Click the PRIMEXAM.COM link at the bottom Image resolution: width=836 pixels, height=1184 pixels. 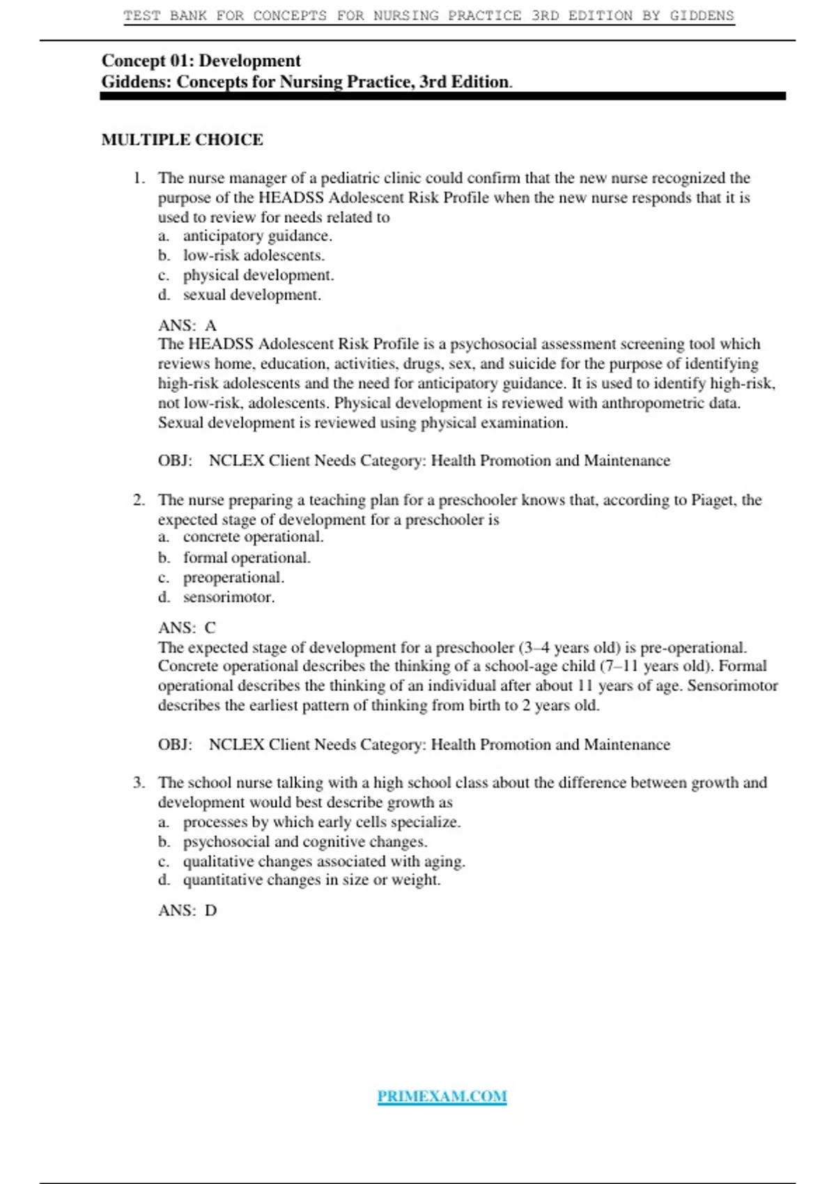442,1096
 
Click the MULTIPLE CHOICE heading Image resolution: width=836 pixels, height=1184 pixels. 182,140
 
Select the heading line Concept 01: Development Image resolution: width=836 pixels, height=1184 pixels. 201,61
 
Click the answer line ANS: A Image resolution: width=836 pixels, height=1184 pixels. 187,325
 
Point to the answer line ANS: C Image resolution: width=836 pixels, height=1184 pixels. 187,628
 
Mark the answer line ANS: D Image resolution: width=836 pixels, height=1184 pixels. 187,910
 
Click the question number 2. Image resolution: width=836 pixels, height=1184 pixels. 139,500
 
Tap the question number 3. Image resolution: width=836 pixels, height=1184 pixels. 139,783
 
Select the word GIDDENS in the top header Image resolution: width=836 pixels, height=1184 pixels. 702,15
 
